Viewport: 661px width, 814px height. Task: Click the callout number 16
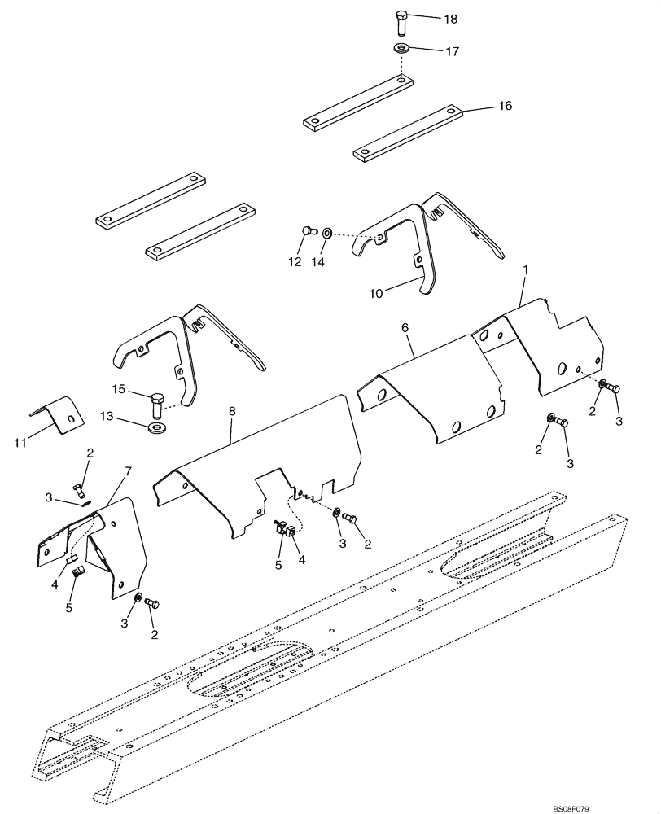coord(505,107)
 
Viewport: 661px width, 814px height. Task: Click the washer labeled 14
coord(326,234)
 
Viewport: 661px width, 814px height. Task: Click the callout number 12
coord(294,262)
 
